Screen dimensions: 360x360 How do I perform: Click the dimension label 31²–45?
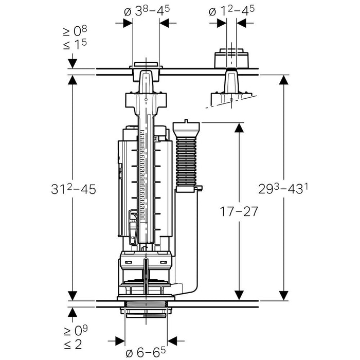[73, 189]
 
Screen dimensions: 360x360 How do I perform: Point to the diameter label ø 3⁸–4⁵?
[146, 10]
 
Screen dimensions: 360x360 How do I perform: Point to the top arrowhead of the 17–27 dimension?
[239, 128]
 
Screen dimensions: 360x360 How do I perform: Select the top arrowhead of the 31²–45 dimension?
[73, 80]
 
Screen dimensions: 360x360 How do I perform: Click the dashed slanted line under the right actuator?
[226, 103]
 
